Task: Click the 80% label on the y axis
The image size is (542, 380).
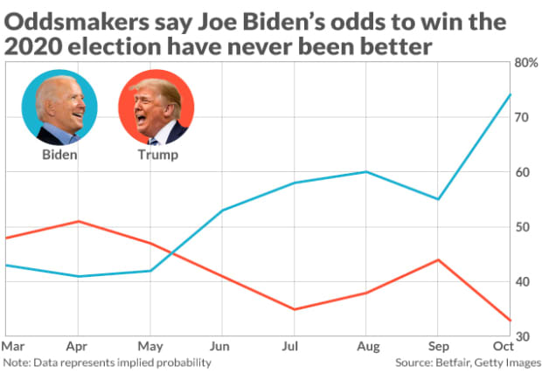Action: click(525, 63)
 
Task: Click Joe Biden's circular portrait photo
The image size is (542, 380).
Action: click(59, 107)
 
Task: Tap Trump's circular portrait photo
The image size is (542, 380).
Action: click(156, 107)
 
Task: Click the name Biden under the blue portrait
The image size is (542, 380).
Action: click(59, 155)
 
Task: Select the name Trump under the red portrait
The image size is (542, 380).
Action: click(157, 155)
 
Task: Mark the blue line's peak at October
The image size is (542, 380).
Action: click(511, 93)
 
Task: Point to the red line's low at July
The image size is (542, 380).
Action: click(295, 309)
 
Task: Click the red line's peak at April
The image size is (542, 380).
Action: click(79, 221)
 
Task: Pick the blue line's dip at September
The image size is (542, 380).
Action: click(438, 199)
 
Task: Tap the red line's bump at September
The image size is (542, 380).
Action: click(438, 259)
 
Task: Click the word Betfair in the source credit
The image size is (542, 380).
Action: click(444, 362)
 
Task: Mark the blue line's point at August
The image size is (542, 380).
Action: click(366, 172)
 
